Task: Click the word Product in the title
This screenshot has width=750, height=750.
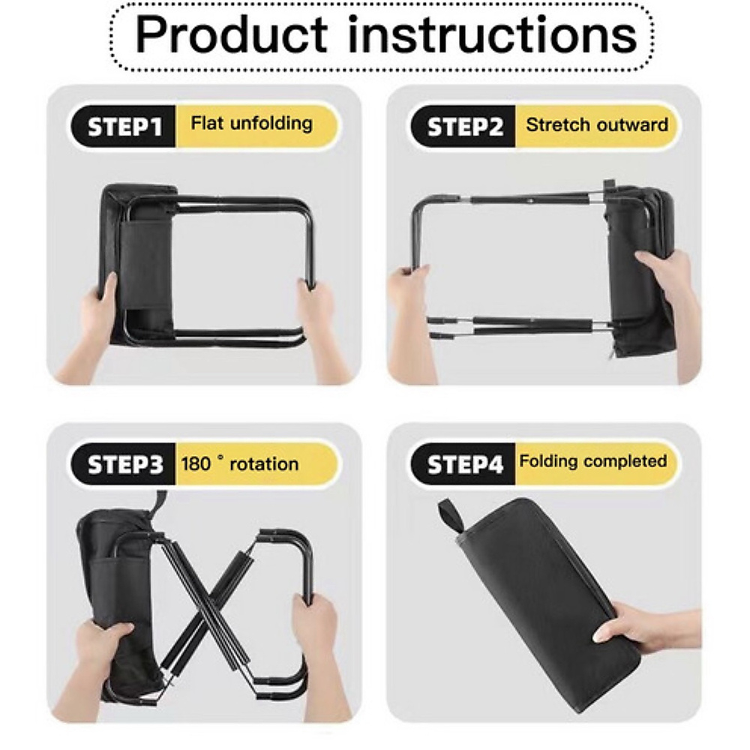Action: click(231, 35)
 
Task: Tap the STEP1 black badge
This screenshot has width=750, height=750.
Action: click(124, 126)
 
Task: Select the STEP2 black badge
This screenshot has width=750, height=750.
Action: click(463, 126)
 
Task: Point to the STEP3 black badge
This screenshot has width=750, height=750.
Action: click(124, 464)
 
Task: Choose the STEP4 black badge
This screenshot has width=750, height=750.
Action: click(463, 464)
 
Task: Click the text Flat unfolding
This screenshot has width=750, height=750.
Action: click(251, 124)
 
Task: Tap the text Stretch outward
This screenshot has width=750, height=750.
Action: click(597, 124)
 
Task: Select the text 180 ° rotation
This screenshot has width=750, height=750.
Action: click(240, 463)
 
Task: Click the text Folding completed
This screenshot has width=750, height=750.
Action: click(593, 461)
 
